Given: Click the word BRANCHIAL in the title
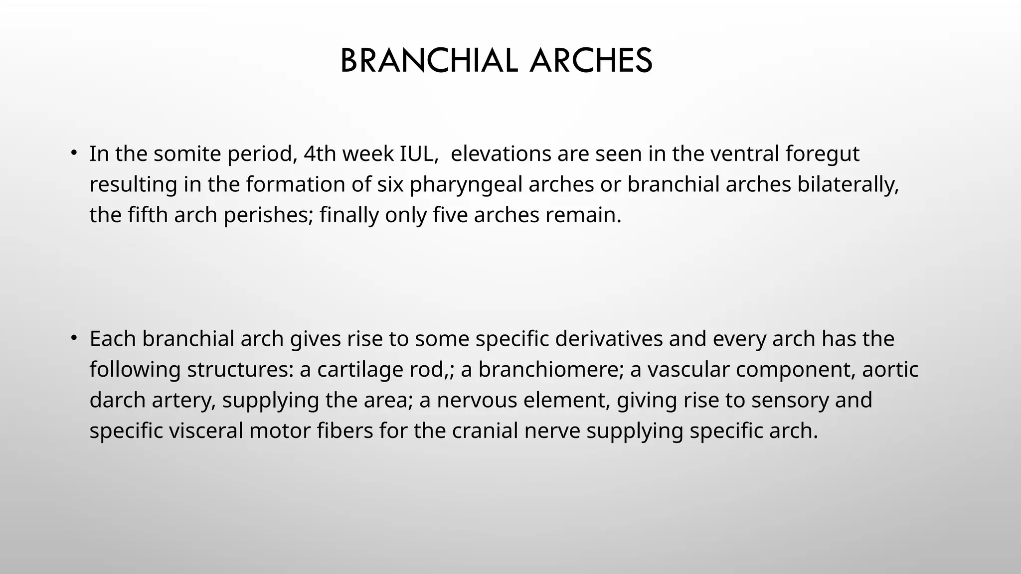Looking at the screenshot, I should [429, 61].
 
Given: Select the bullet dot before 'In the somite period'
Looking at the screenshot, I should [73, 152].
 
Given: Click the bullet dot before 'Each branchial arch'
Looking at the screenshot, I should [73, 338].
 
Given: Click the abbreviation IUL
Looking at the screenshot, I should [419, 154].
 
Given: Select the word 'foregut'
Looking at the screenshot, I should [823, 154].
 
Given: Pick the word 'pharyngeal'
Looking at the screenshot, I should [466, 185].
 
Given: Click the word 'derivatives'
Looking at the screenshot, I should [609, 339].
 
